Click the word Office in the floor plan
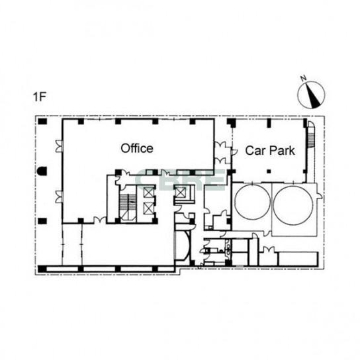tap(137, 148)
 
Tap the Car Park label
tap(270, 151)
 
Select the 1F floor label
tap(40, 97)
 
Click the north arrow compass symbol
tap(311, 95)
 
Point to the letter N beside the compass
tap(304, 78)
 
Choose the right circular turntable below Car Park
tap(293, 205)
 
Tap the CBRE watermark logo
tap(180, 180)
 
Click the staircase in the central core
tap(128, 208)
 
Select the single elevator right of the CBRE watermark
tap(180, 192)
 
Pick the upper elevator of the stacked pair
tap(148, 192)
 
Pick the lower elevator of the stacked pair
tap(148, 208)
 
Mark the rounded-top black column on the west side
tap(42, 171)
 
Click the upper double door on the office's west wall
tap(60, 146)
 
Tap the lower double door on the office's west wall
tap(60, 197)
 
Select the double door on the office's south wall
tap(100, 220)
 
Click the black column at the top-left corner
tap(42, 122)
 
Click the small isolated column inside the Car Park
tap(269, 171)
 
